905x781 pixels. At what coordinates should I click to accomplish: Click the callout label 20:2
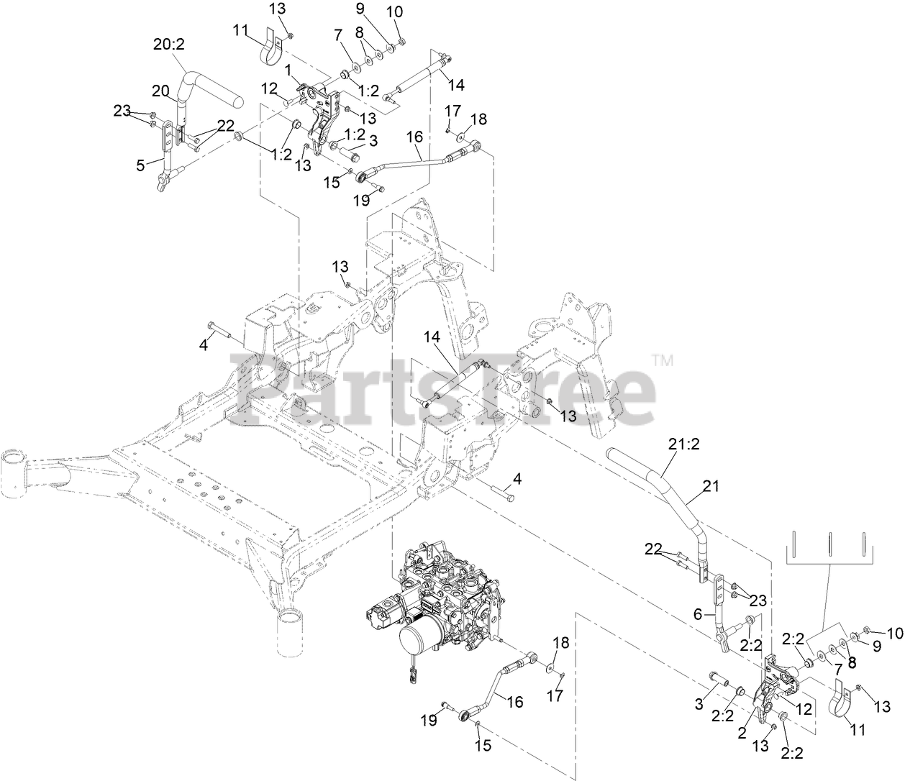[169, 44]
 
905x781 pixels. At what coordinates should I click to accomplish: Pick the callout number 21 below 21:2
[711, 487]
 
